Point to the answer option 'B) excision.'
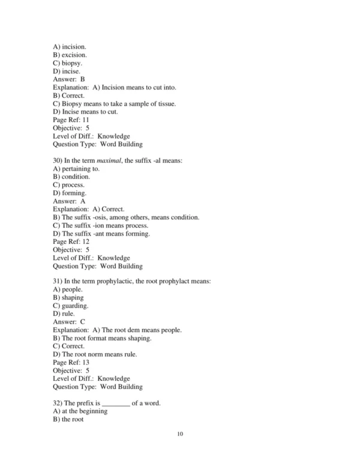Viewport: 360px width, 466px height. [70, 55]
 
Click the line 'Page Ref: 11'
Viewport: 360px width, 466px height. [71, 120]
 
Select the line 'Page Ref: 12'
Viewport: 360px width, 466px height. [71, 241]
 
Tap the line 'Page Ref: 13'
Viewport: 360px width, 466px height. [71, 363]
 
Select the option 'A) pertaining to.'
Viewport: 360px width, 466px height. [76, 169]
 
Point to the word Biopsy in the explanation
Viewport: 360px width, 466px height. [76, 103]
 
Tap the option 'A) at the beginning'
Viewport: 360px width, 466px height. [80, 411]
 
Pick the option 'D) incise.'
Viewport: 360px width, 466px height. [67, 71]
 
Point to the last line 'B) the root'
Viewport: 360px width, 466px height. [68, 419]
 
